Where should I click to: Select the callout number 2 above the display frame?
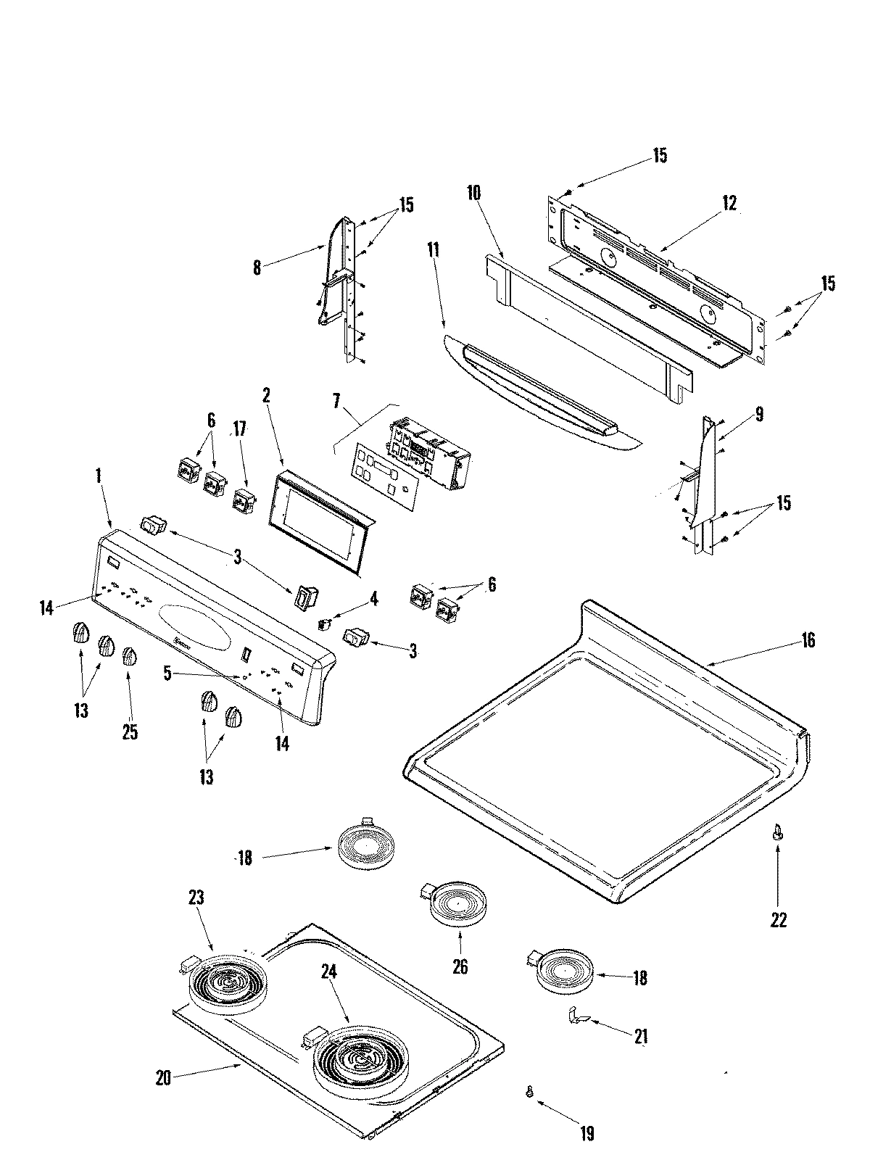tap(266, 395)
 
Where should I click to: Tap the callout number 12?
tap(729, 204)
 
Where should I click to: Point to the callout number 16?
tap(808, 640)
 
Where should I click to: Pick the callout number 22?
tap(778, 920)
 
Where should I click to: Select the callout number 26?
tap(460, 966)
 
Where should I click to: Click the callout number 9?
tap(759, 415)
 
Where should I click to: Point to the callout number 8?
tap(257, 266)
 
